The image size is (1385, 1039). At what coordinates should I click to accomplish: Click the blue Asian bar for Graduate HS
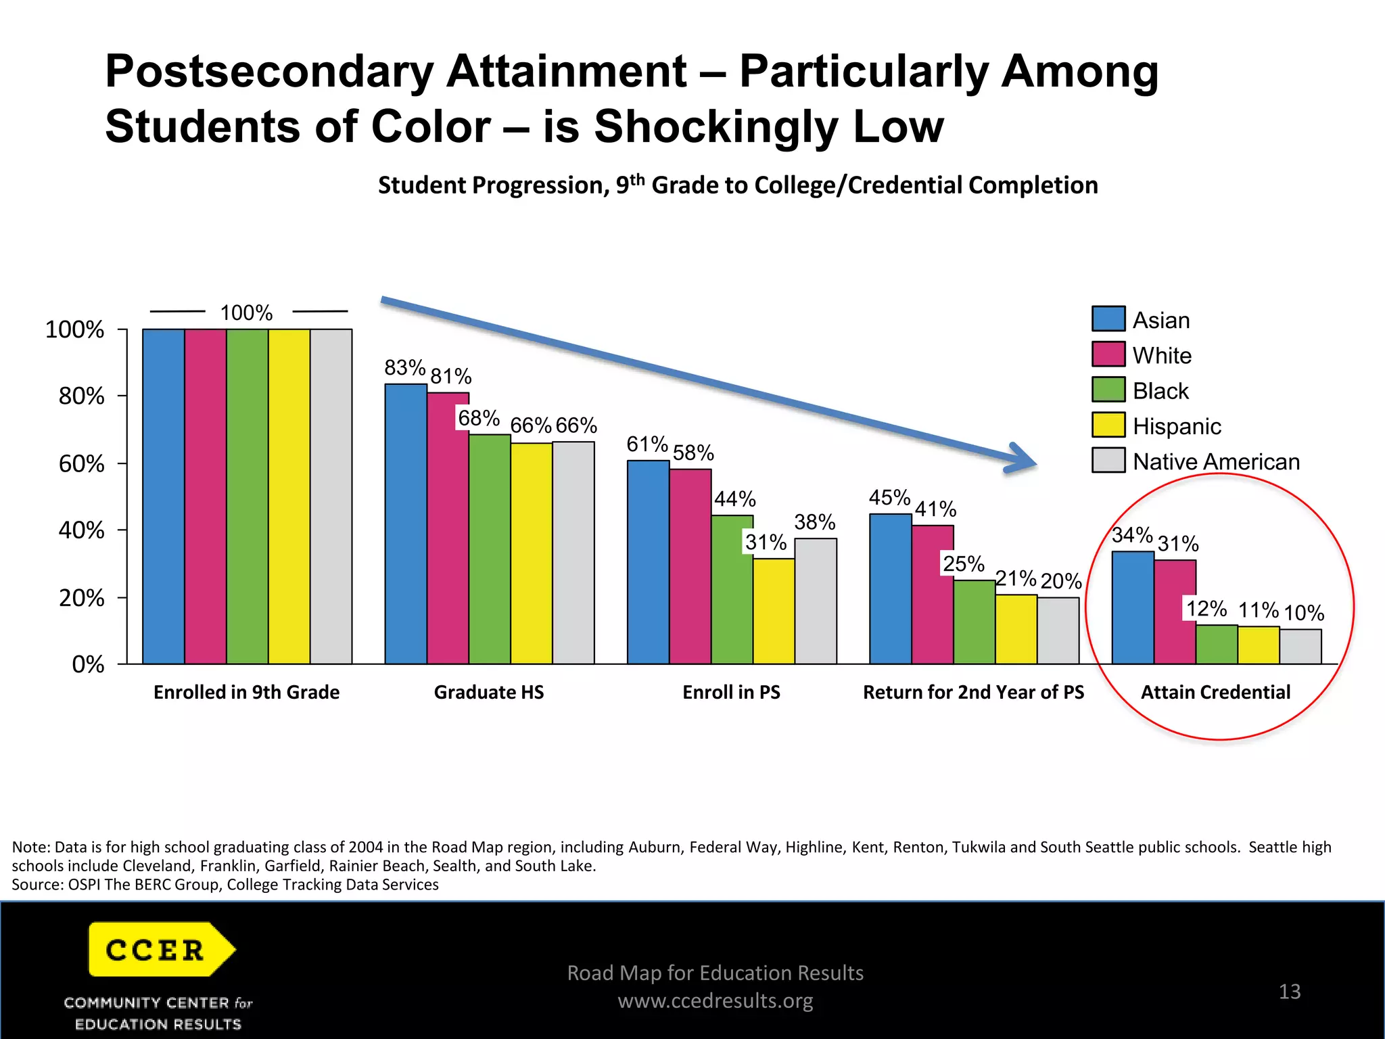coord(406,524)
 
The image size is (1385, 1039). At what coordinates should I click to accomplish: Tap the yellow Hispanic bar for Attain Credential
coord(1258,645)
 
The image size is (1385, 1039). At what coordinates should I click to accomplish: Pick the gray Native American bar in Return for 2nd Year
coord(1058,630)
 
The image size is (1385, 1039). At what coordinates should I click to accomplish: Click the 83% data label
coord(404,368)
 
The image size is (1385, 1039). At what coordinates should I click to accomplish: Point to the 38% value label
coord(814,522)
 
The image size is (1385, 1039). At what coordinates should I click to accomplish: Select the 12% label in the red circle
coord(1206,609)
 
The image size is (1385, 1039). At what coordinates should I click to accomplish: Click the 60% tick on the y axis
coord(81,464)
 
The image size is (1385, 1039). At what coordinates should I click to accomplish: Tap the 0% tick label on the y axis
coord(88,664)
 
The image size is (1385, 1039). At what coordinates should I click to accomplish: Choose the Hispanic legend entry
coord(1177,426)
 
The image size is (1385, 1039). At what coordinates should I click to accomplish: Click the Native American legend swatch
coord(1108,461)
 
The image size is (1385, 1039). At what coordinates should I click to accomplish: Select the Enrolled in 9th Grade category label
coord(246,692)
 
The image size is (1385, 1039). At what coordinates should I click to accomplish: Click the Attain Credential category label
coord(1215,692)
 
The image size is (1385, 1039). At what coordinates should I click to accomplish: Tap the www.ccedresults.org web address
coord(715,1000)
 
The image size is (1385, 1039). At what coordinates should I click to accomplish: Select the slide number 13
coord(1289,992)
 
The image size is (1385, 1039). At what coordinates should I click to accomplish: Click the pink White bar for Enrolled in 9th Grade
coord(206,497)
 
